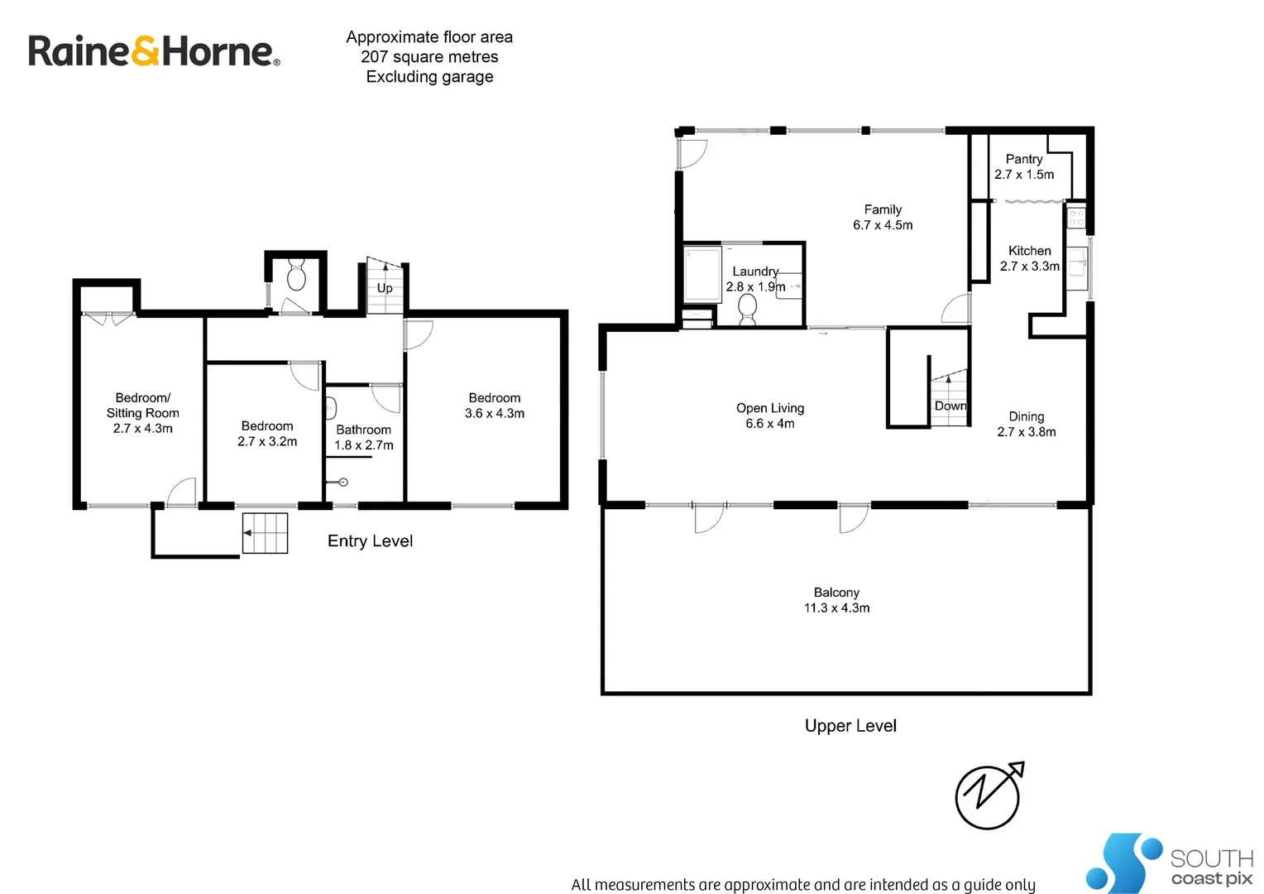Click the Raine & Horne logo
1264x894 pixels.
[x=154, y=51]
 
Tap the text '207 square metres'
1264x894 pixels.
[x=429, y=57]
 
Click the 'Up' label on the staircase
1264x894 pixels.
[x=385, y=288]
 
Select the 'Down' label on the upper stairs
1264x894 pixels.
[x=950, y=406]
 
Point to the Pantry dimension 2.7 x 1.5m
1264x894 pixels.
[x=1024, y=175]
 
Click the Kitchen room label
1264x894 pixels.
[x=1029, y=251]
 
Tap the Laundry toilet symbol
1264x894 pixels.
[x=748, y=310]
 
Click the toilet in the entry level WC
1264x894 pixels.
[x=296, y=275]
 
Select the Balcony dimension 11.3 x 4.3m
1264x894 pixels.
[x=836, y=608]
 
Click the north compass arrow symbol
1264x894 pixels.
[x=989, y=795]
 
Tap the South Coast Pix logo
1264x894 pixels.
[x=1168, y=863]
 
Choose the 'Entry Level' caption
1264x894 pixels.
[x=370, y=541]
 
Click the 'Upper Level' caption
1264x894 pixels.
[x=850, y=726]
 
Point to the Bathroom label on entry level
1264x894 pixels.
[x=363, y=430]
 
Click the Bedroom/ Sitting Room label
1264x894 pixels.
[x=142, y=406]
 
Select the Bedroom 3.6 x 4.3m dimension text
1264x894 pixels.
[x=495, y=413]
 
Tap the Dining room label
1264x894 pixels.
[x=1026, y=416]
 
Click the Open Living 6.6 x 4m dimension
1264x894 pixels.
[x=769, y=423]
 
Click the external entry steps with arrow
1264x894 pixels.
[x=265, y=533]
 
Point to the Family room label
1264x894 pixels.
[x=883, y=209]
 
